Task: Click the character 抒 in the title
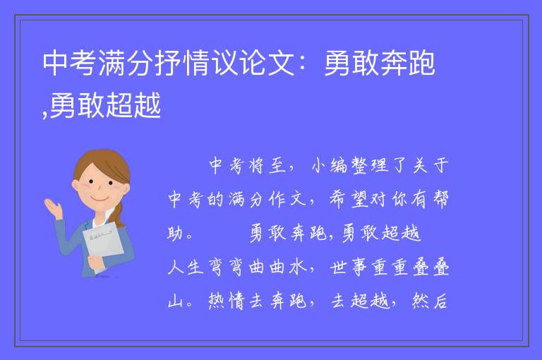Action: pos(168,63)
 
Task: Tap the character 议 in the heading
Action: pos(224,63)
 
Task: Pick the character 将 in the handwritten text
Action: pos(256,165)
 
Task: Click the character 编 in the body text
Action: pos(339,165)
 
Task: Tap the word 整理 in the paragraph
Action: pos(369,165)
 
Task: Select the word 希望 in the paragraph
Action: pos(349,199)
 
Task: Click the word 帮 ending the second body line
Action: pos(440,199)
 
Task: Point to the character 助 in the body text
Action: pos(176,233)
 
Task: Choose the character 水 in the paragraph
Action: pos(298,267)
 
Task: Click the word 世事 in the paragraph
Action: pos(349,268)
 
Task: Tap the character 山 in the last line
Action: pos(175,301)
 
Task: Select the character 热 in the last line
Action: pos(216,301)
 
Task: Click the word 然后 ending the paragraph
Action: pos(430,301)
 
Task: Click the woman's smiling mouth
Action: pos(100,199)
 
